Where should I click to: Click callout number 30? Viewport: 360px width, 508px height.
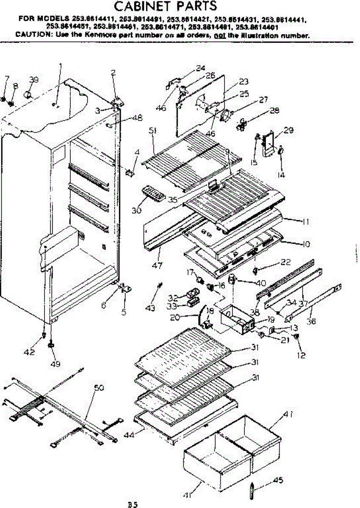pos(136,210)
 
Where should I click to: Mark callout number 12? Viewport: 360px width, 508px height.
pos(301,356)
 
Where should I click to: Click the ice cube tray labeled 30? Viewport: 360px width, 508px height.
pos(153,193)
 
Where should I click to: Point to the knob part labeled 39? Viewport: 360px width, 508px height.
pos(30,94)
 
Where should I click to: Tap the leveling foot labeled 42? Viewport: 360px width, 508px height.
pos(44,336)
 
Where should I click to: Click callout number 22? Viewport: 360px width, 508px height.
pos(274,263)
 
